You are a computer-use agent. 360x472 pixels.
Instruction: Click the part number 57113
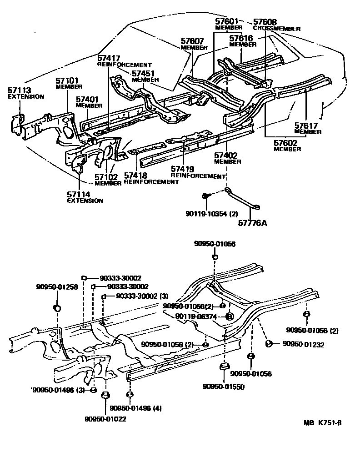(x=19, y=90)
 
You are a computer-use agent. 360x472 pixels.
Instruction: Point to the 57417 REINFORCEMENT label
(x=123, y=61)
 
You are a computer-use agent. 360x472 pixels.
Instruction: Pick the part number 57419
(x=184, y=170)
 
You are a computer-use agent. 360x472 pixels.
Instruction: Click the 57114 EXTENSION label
(x=85, y=197)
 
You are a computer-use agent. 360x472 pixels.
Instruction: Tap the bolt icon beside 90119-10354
(x=205, y=196)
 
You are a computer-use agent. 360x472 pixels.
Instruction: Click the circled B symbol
(x=230, y=316)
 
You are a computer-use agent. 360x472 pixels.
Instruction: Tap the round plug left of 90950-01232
(x=268, y=344)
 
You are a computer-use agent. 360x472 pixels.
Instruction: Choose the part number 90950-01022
(x=105, y=418)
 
